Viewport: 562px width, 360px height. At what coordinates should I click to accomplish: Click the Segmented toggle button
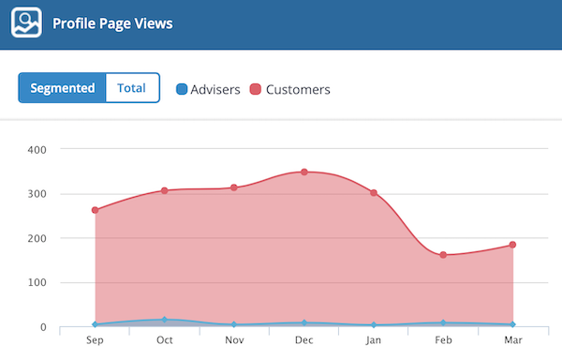[x=63, y=88]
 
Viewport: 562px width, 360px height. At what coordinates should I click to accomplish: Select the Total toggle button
[x=132, y=88]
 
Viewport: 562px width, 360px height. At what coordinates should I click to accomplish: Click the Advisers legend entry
[x=208, y=90]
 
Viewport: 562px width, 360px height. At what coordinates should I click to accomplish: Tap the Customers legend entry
[x=289, y=90]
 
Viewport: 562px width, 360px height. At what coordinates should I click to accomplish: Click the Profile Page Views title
[x=112, y=23]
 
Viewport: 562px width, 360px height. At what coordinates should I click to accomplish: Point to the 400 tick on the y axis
[x=36, y=149]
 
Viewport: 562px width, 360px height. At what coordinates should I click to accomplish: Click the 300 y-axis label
[x=36, y=194]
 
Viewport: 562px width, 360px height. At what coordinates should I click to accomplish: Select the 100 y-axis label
[x=36, y=282]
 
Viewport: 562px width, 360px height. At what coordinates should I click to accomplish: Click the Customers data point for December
[x=304, y=172]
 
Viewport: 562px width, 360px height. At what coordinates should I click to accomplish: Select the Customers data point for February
[x=443, y=255]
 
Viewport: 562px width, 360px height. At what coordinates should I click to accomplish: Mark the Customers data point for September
[x=96, y=210]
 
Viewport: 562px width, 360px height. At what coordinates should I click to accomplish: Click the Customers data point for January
[x=374, y=193]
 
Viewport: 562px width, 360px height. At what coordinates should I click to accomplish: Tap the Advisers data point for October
[x=165, y=320]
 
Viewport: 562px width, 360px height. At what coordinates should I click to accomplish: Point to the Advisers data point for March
[x=512, y=324]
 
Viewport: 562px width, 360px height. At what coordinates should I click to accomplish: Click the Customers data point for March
[x=512, y=246]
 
